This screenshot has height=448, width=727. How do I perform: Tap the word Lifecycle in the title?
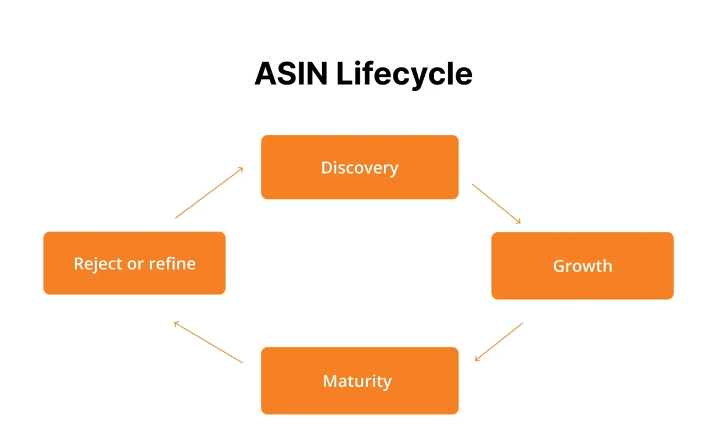(404, 73)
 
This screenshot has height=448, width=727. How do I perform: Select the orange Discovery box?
(359, 167)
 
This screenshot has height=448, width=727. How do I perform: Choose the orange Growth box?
(582, 265)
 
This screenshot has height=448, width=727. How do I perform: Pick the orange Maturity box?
(359, 381)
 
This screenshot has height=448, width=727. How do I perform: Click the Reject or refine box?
(134, 263)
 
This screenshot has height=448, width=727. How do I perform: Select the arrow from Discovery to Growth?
(496, 203)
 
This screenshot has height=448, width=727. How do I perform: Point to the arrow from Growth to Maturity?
(499, 342)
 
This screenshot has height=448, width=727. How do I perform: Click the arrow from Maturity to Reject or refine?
(208, 342)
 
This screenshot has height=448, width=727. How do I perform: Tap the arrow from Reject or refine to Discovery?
(209, 192)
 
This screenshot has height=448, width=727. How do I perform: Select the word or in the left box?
(135, 263)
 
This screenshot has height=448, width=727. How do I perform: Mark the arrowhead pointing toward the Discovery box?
(241, 169)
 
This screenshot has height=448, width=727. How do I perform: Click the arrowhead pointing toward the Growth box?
(519, 222)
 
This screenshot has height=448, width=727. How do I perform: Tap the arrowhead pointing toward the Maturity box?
(477, 359)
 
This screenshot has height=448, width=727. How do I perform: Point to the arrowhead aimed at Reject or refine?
(176, 323)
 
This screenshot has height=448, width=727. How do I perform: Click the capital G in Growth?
(559, 265)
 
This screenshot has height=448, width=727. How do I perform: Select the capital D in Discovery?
(326, 167)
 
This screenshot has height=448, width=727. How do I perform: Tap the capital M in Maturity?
(330, 381)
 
